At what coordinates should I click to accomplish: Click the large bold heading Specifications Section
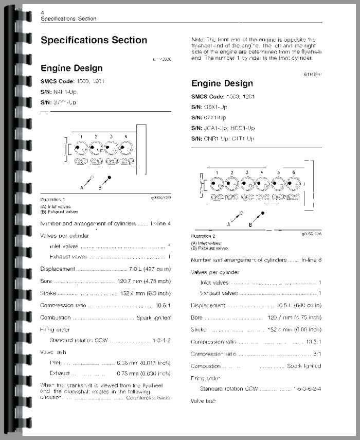(x=94, y=40)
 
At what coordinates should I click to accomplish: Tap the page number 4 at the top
(x=42, y=12)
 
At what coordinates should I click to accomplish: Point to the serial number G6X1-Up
(x=216, y=107)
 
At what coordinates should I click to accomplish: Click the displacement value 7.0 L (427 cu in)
(x=149, y=269)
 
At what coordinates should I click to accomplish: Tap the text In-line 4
(x=160, y=224)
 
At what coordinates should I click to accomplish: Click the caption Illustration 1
(x=53, y=199)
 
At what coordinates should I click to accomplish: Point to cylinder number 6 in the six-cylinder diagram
(x=293, y=172)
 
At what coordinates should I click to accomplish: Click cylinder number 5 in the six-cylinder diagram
(x=278, y=172)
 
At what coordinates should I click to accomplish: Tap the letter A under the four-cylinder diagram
(x=81, y=188)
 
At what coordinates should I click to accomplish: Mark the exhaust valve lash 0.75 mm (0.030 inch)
(x=143, y=373)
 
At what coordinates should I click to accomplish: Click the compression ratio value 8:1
(x=317, y=354)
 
